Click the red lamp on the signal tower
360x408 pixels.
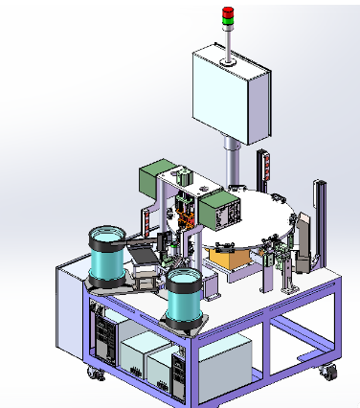tap(228, 11)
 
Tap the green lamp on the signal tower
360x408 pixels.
tap(228, 19)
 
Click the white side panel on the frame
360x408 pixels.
tap(72, 311)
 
